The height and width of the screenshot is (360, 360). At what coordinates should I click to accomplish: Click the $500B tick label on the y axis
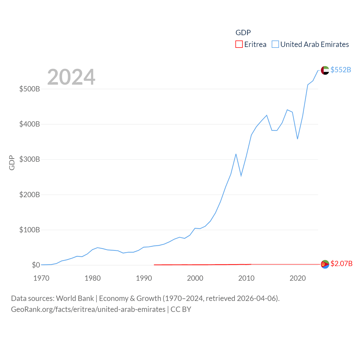[30, 89]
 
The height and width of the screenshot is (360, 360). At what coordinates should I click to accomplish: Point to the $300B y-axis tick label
[30, 159]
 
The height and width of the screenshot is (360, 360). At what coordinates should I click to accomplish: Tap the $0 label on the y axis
[36, 265]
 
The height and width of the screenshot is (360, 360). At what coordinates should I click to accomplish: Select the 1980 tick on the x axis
[93, 278]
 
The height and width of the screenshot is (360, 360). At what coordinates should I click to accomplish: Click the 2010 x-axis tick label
[246, 278]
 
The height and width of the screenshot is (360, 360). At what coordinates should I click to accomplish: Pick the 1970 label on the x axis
[41, 278]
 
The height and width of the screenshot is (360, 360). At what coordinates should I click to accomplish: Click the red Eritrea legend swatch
[239, 44]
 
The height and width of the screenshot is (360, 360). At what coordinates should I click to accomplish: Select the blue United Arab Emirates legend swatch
[275, 44]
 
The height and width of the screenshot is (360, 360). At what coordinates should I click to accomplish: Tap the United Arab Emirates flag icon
[325, 70]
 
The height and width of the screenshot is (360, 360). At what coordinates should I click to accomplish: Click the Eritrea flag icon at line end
[325, 264]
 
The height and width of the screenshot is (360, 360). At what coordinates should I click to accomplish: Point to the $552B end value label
[341, 70]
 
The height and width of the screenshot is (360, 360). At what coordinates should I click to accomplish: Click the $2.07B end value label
[341, 264]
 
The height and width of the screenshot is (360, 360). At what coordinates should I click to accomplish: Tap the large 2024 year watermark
[71, 77]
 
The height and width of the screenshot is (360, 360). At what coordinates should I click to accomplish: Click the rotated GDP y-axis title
[12, 163]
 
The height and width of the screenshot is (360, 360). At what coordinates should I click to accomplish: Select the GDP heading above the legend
[243, 33]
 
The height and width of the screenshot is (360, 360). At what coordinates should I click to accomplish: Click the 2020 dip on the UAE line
[297, 139]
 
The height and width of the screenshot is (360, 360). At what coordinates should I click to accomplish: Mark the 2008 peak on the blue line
[236, 154]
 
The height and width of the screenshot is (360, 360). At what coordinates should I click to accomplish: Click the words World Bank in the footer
[75, 298]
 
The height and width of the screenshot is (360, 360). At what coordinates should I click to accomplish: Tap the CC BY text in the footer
[181, 309]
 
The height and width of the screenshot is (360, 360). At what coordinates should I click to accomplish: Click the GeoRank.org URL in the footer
[88, 309]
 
